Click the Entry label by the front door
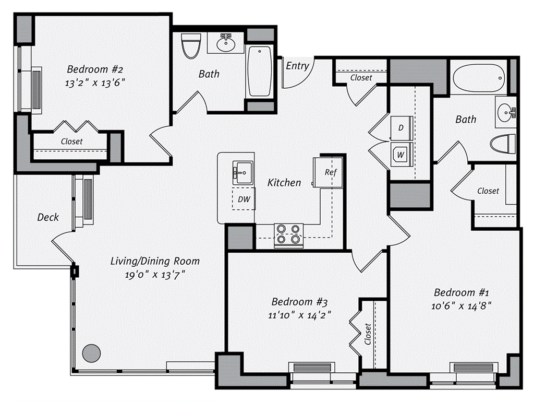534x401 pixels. click(x=298, y=66)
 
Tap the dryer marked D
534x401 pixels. click(x=402, y=128)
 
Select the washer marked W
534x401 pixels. click(x=401, y=154)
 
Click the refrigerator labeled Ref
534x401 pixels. click(x=329, y=172)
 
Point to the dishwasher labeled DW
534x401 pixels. click(x=243, y=199)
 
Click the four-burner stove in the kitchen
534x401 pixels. click(x=289, y=234)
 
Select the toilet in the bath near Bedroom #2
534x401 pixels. click(x=189, y=46)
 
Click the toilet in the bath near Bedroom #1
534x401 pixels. click(x=504, y=144)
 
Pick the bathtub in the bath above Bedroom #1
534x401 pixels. click(x=479, y=78)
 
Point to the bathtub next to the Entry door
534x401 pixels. click(x=259, y=71)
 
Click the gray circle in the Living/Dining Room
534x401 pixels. click(x=91, y=353)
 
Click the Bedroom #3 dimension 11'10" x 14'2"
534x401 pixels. click(x=299, y=315)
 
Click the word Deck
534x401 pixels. click(x=48, y=217)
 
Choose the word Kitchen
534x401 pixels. click(x=284, y=183)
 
